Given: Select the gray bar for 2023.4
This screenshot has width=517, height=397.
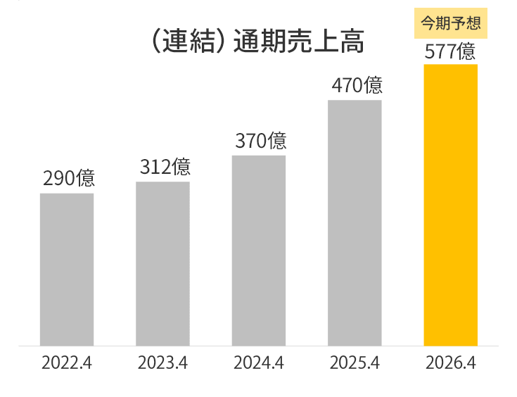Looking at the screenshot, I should coord(162,264).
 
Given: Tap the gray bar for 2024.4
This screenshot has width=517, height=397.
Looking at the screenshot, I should coord(259,251).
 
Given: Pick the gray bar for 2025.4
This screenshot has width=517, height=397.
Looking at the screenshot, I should coord(355,222).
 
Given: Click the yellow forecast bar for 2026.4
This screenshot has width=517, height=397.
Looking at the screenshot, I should coord(450,205).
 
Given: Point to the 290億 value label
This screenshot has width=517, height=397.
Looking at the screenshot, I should coord(68,179).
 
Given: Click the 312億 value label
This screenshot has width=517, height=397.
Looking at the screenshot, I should coord(165,168).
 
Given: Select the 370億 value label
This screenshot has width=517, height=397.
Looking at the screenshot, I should coord(260,141).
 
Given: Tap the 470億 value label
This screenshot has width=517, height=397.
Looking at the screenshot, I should coord(357,86).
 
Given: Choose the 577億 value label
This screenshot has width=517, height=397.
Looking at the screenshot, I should coord(450,51).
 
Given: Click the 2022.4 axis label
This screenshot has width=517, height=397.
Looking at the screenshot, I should coord(67,364).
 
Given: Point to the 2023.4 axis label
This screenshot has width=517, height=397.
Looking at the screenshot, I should coord(162,364).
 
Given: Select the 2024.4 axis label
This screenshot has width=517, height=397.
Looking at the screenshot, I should coord(259,364).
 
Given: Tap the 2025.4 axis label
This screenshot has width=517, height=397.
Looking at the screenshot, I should coord(355,364).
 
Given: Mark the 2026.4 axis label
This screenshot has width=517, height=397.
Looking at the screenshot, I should coord(451,364).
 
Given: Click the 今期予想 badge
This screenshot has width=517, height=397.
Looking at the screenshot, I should coord(450,23).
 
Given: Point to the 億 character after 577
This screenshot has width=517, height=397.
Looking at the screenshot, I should coord(466,51).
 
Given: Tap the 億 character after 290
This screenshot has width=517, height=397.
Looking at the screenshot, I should coord(86,179).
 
